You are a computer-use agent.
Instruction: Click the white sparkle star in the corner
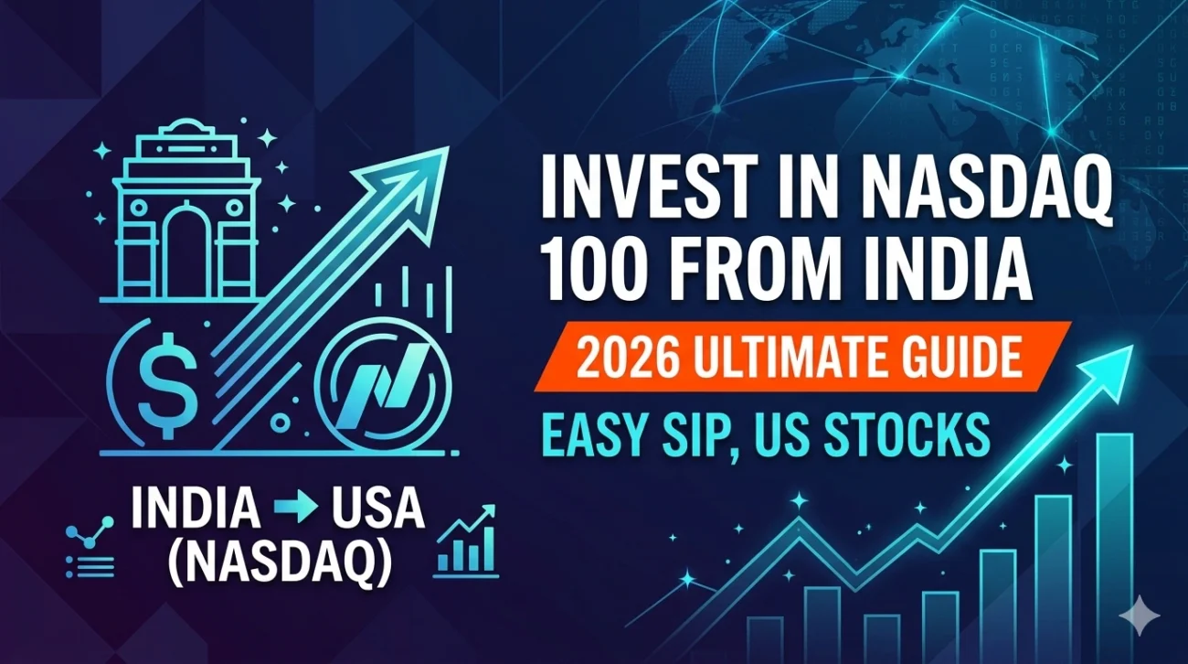click(x=1140, y=616)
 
